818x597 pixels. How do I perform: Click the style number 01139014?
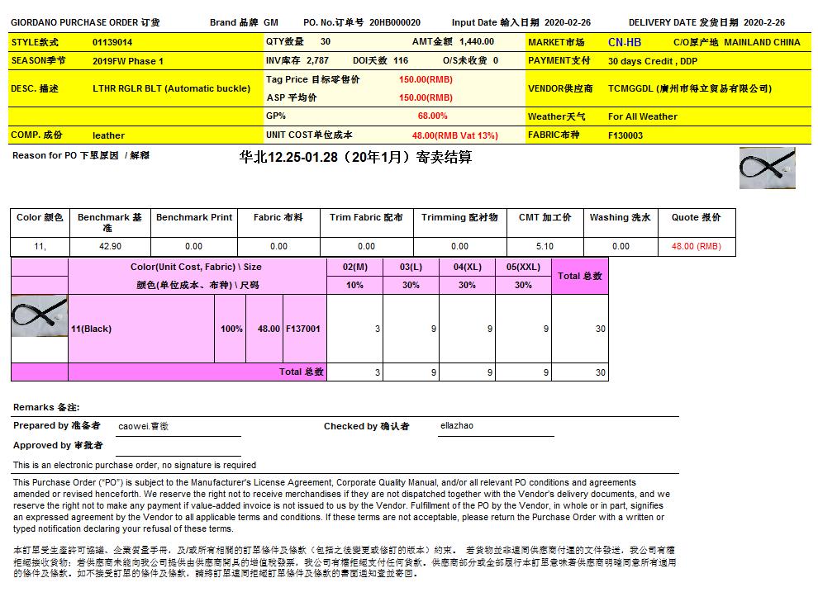point(112,42)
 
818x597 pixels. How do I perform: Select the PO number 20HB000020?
point(395,23)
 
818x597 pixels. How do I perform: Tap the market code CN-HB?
point(624,42)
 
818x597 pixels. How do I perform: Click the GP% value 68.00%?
point(432,116)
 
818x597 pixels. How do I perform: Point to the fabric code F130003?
point(625,135)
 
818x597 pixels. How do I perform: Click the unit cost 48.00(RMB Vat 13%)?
point(454,135)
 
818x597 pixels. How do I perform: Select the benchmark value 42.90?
point(110,246)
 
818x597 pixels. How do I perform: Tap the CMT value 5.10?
point(545,246)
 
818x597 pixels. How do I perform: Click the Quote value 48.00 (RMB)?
point(696,246)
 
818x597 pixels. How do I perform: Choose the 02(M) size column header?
point(354,267)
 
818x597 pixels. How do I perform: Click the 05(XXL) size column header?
point(523,267)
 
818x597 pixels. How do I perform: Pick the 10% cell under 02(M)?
point(354,285)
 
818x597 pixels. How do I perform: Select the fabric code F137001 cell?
point(303,329)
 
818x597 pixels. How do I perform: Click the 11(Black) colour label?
point(91,329)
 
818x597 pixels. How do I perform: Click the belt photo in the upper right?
point(767,168)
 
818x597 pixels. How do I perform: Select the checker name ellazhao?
point(457,426)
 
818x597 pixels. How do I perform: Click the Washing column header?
point(620,217)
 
